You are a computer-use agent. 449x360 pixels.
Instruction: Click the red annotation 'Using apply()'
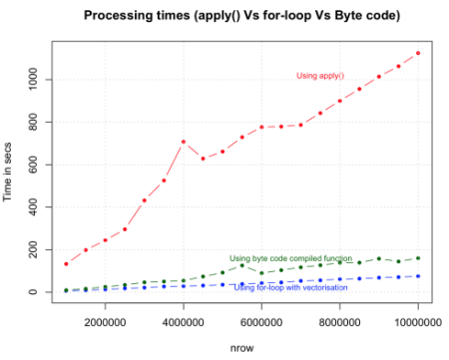pos(320,76)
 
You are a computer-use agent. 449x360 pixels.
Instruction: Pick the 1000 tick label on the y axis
pos(35,79)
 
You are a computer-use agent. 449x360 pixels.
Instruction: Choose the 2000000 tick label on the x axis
pos(105,322)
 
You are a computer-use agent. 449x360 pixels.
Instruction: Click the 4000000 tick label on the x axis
pos(184,322)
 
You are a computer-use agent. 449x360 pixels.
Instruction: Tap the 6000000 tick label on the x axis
pos(261,322)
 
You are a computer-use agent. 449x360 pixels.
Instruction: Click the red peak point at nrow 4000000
pos(184,142)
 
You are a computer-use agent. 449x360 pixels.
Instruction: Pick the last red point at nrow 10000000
pos(418,53)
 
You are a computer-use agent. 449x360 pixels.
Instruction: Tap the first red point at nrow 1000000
pos(66,264)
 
